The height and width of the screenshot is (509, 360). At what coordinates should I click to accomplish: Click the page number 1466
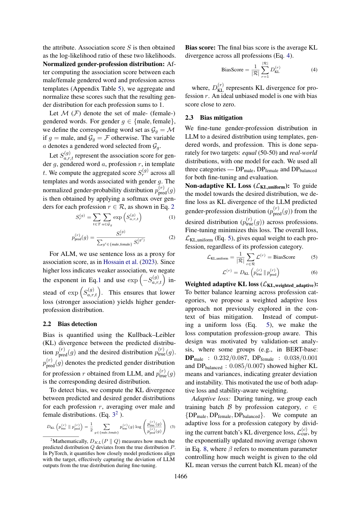[180, 477]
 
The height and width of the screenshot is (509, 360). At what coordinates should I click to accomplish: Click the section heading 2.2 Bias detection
[70, 324]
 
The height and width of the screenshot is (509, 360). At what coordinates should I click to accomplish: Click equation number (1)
[172, 217]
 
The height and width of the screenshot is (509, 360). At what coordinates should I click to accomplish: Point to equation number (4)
[314, 69]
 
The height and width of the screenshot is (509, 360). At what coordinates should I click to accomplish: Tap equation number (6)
[314, 272]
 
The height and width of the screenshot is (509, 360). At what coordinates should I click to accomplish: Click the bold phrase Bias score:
[200, 47]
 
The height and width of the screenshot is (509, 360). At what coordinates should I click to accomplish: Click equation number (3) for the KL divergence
[172, 426]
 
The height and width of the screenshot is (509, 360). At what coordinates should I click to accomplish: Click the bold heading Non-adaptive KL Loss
[218, 186]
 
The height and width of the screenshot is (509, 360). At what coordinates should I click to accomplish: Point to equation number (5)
[314, 257]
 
